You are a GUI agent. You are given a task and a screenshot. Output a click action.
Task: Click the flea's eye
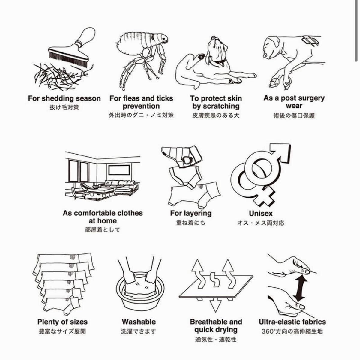pyautogui.click(x=164, y=38)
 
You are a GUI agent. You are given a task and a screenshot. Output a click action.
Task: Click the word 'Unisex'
pyautogui.click(x=261, y=213)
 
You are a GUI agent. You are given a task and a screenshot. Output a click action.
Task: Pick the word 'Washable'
pyautogui.click(x=139, y=322)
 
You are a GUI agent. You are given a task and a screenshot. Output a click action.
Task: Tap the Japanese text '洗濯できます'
pyautogui.click(x=138, y=331)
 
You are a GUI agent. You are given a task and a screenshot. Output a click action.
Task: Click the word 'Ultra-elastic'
pyautogui.click(x=276, y=322)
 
